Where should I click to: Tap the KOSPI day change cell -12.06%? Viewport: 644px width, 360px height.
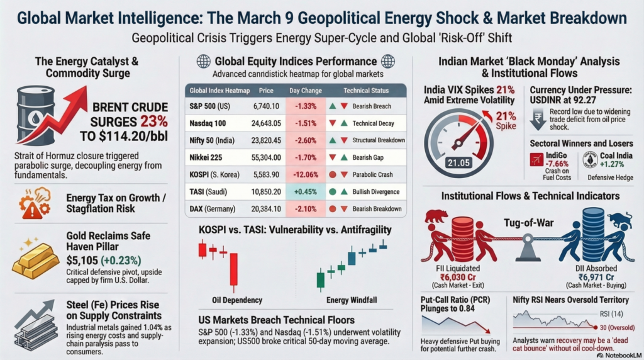point(305,174)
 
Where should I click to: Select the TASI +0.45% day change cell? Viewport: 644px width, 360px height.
point(305,191)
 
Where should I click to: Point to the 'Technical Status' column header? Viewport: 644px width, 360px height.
point(370,91)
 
